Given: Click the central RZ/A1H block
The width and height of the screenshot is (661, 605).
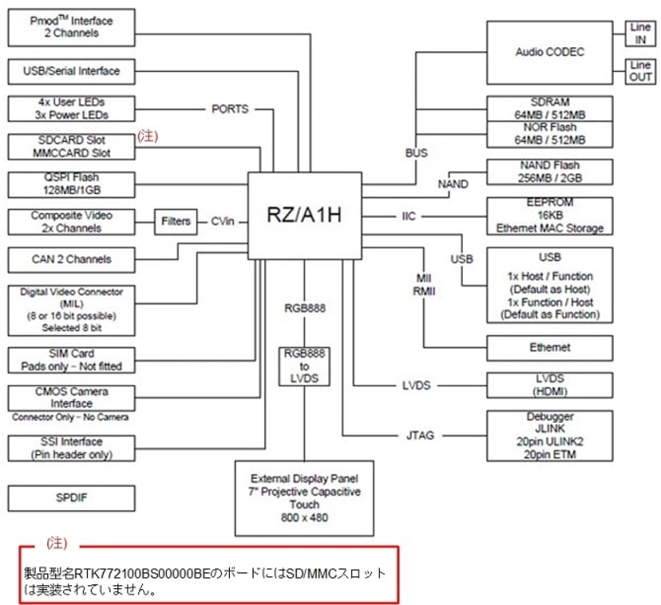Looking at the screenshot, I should pos(305,215).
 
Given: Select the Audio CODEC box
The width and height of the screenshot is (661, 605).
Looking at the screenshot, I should pos(549,52).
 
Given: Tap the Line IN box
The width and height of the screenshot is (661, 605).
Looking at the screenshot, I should pos(640,33).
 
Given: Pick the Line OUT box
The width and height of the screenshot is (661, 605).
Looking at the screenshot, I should pos(640,71).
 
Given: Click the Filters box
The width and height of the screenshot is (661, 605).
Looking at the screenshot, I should pos(176,221).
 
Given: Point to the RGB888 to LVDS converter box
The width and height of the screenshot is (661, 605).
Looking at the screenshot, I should pos(304,366).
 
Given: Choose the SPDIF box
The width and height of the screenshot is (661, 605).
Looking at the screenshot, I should pos(71,498).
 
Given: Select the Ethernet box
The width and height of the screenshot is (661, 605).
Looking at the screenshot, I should pos(549,347).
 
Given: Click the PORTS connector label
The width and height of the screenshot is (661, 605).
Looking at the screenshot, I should pos(230,109).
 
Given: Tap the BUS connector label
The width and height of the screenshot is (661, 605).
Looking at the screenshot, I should pos(416,153).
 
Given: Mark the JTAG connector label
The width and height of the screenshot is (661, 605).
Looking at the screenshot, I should pos(420,435).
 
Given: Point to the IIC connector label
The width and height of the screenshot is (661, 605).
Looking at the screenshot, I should pos(408,216).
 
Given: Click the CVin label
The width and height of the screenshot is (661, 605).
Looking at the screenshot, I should pos(223,221).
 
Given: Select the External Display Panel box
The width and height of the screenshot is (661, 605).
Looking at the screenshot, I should pos(304,498).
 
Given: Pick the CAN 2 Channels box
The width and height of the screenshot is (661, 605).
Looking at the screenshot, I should pos(71,259).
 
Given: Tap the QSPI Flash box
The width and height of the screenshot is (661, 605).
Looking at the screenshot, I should pos(71,184).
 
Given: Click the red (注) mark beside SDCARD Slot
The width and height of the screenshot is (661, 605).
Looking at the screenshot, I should pos(148,136).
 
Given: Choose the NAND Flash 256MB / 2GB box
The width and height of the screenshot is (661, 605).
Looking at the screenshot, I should pos(549,172).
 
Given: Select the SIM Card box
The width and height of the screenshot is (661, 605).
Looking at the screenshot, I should pos(71,360).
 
